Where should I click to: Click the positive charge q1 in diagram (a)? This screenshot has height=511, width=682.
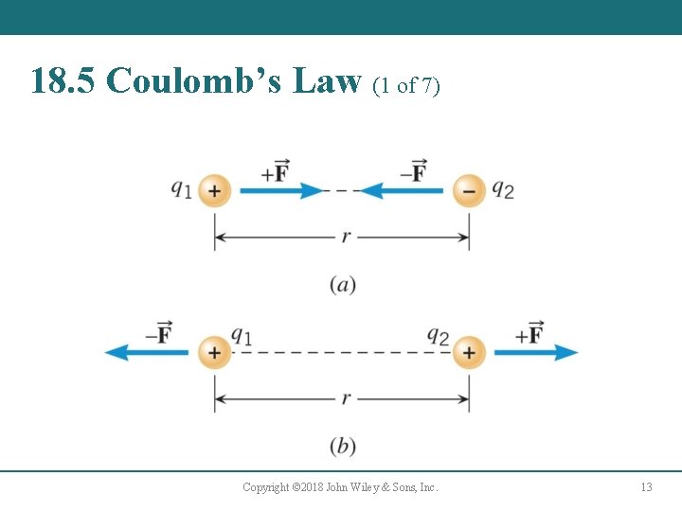point(215,191)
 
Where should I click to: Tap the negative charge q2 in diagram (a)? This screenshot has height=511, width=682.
point(468,191)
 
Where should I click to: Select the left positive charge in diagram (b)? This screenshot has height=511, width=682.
point(215,352)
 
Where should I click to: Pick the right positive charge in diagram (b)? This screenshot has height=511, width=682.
point(468,352)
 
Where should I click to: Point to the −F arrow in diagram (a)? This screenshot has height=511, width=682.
point(402,191)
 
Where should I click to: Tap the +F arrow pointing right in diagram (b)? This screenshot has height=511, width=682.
point(535,352)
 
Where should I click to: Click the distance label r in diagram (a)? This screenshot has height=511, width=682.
point(346,237)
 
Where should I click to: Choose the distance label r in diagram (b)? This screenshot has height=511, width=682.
point(346,398)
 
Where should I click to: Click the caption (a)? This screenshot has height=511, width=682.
point(343,284)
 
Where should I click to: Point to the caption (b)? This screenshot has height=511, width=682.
point(343,446)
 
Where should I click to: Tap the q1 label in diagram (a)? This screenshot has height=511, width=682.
point(181,188)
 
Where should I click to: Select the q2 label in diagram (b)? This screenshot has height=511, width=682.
point(438,335)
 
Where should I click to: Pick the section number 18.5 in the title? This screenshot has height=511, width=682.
point(63,81)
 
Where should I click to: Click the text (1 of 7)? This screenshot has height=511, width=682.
point(406,86)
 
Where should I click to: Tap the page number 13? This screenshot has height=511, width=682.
point(646,487)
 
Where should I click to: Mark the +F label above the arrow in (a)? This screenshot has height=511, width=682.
point(276,171)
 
